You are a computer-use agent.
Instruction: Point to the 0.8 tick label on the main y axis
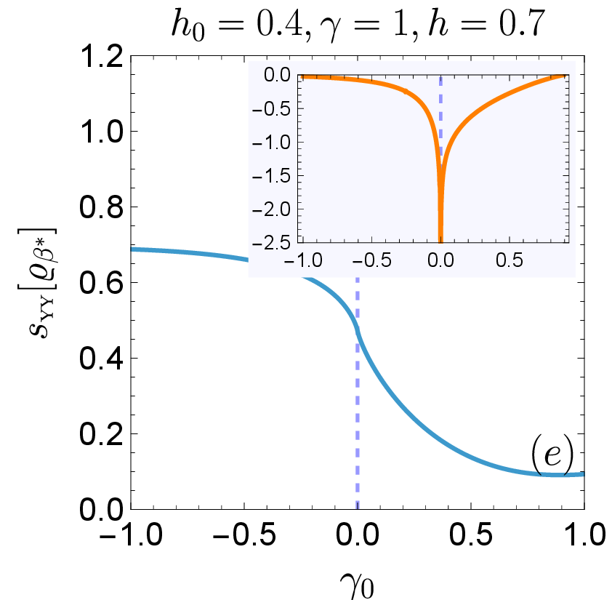[x=101, y=207]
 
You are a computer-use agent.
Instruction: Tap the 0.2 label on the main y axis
[x=101, y=434]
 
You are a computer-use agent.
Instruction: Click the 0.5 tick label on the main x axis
[x=471, y=534]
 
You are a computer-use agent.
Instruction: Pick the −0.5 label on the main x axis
[x=244, y=534]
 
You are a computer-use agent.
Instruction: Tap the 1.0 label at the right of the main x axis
[x=584, y=534]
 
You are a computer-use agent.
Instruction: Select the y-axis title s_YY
[x=38, y=282]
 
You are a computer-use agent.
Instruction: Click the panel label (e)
[x=552, y=455]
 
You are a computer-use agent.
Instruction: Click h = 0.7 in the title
[x=486, y=23]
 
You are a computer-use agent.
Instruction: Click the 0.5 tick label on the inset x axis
[x=510, y=260]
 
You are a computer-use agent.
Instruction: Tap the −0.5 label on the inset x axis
[x=371, y=260]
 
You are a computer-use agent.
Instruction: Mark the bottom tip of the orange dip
[x=440, y=242]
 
